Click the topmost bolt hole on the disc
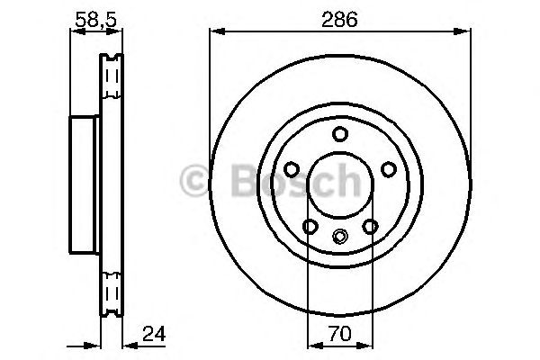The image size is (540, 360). tap(339, 134)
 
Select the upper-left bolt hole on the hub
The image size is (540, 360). tap(291, 169)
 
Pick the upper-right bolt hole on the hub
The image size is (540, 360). tap(388, 169)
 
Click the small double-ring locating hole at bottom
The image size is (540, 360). tap(339, 238)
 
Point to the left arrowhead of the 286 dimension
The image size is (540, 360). tap(215, 31)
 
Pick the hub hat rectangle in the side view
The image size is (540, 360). tap(84, 186)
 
